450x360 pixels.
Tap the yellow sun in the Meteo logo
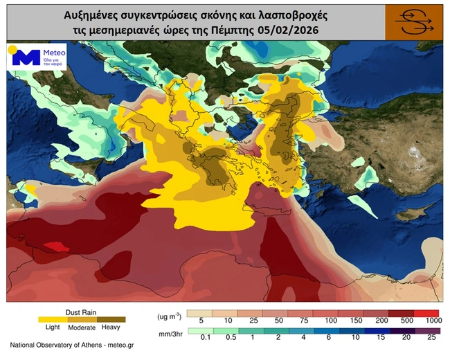12,50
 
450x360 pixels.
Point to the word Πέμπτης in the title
238,29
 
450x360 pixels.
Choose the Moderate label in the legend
82,327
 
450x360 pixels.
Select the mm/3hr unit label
170,332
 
